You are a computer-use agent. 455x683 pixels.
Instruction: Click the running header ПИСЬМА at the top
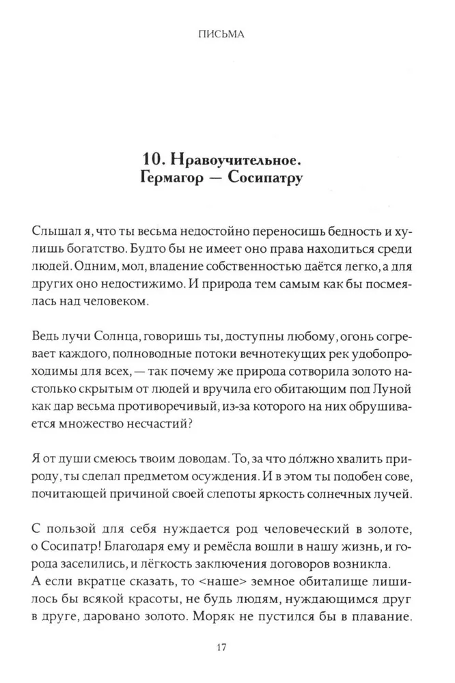[227, 32]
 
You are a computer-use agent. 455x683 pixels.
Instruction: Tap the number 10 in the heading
[150, 158]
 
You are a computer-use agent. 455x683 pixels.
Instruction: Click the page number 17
[227, 647]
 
